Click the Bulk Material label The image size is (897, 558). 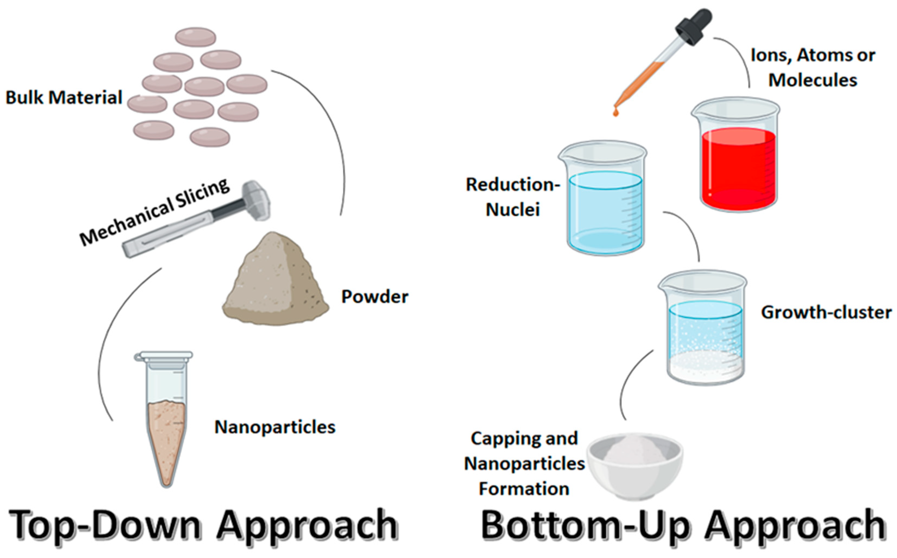point(64,98)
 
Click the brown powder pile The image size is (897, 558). point(275,284)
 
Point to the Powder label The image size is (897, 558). point(375,297)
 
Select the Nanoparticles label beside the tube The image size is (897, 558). point(275,427)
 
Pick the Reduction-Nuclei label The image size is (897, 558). point(512,197)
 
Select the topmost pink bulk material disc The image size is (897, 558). point(195,37)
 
